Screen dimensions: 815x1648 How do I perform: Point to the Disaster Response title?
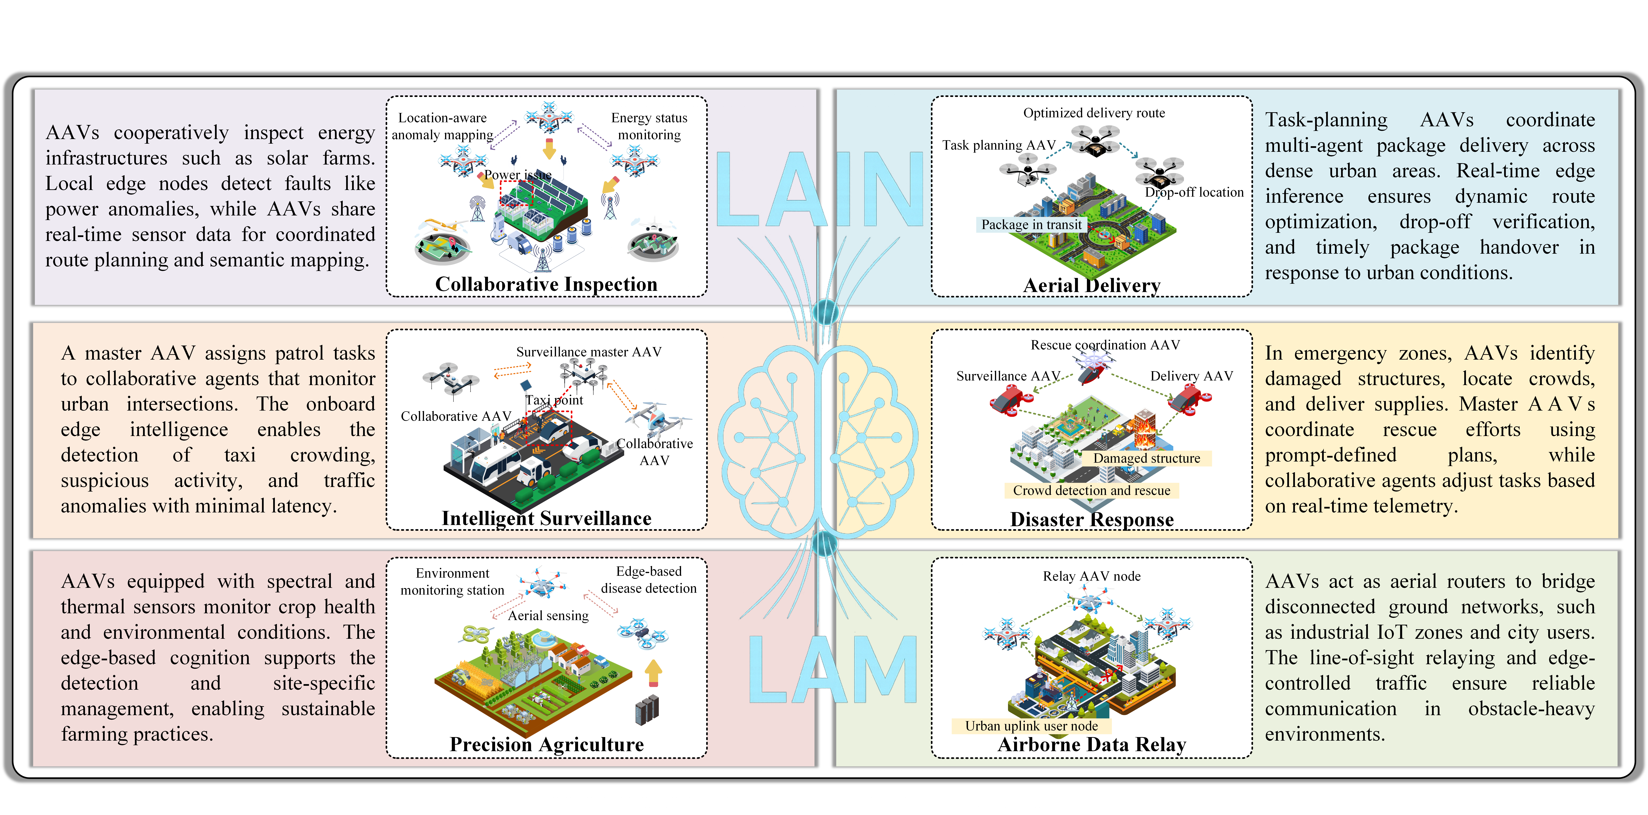tap(1091, 519)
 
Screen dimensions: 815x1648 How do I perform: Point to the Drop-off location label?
tap(1194, 192)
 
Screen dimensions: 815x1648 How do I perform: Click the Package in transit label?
tap(1031, 225)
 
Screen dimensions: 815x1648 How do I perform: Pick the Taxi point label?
tap(554, 400)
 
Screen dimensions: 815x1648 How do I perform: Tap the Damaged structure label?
tap(1146, 458)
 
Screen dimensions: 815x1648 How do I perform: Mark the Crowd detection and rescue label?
tap(1091, 490)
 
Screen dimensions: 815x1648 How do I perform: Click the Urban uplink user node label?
tap(1031, 726)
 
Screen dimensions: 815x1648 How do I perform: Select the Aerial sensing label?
tap(548, 615)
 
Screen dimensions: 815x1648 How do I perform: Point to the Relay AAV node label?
tap(1091, 576)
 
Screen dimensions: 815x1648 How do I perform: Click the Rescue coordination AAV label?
tap(1105, 345)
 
